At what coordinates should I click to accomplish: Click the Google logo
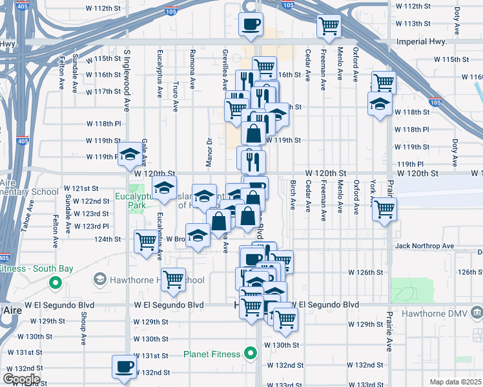(x=21, y=379)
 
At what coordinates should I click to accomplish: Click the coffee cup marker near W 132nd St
(x=123, y=367)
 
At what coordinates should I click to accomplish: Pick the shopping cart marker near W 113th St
(x=329, y=26)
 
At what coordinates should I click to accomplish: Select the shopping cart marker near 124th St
(x=146, y=242)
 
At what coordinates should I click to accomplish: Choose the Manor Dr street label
(x=209, y=153)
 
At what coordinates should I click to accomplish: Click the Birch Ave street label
(x=293, y=195)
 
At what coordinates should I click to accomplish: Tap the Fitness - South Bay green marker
(x=56, y=283)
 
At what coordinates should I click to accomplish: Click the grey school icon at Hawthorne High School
(x=99, y=279)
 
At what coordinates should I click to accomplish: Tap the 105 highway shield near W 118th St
(x=435, y=103)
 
